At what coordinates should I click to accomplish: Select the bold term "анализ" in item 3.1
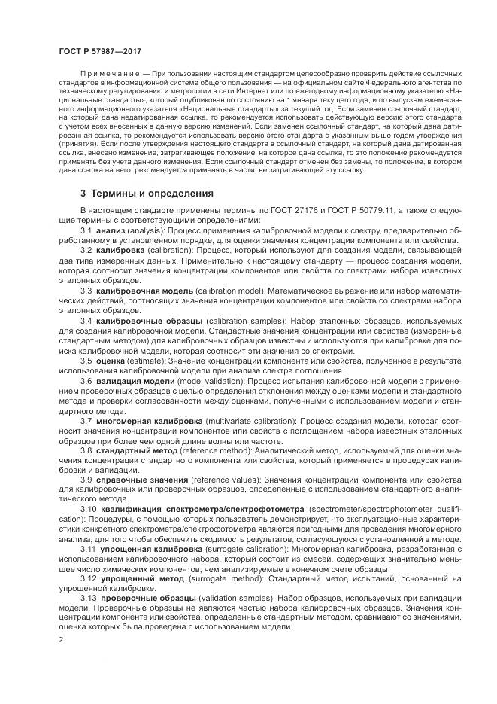111,230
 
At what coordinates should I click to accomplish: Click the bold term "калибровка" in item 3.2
121,249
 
